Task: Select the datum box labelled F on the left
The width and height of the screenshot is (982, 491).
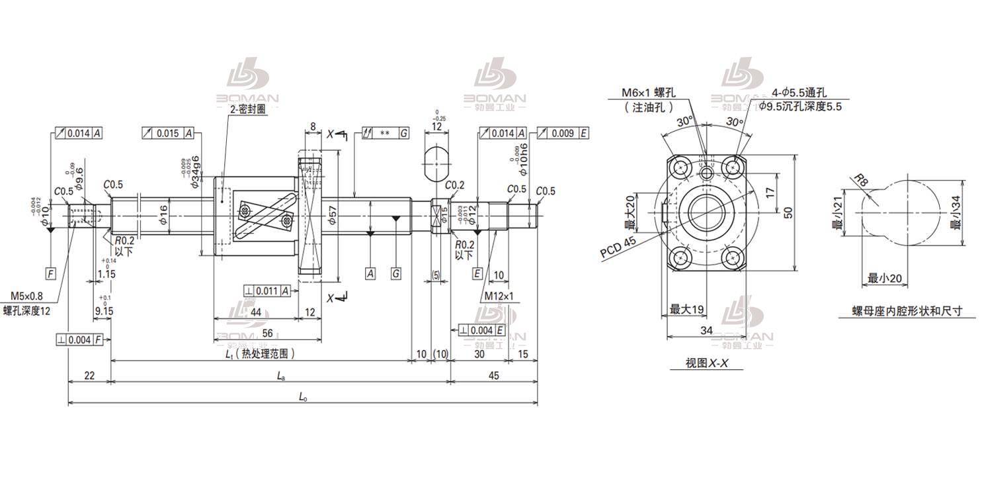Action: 50,273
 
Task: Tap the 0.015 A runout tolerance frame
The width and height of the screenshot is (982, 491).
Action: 168,133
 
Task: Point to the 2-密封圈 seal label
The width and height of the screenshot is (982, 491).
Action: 248,110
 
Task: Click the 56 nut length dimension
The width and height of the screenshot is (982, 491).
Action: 267,333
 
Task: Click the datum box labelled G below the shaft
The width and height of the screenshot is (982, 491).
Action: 395,273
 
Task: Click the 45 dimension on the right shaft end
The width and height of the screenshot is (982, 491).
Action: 493,375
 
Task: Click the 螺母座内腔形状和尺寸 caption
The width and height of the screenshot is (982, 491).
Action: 906,311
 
